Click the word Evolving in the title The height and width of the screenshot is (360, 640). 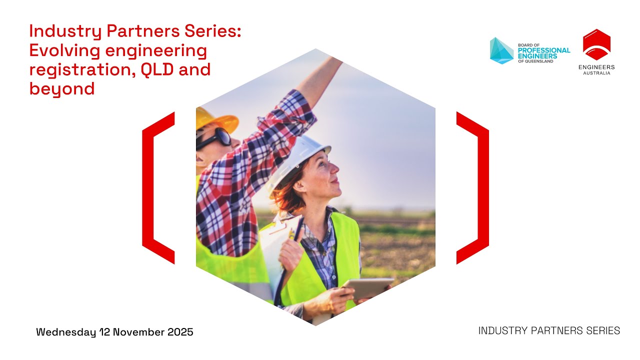point(61,50)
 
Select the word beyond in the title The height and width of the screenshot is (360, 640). point(61,89)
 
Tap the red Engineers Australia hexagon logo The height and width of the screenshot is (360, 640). point(596,44)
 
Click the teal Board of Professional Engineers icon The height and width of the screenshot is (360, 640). point(501,50)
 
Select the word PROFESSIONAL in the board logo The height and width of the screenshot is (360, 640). point(543,50)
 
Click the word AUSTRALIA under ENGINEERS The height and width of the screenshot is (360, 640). point(596,73)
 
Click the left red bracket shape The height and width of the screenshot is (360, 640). point(157,187)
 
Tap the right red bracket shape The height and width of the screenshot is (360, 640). point(473,187)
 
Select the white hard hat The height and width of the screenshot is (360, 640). point(305,150)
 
